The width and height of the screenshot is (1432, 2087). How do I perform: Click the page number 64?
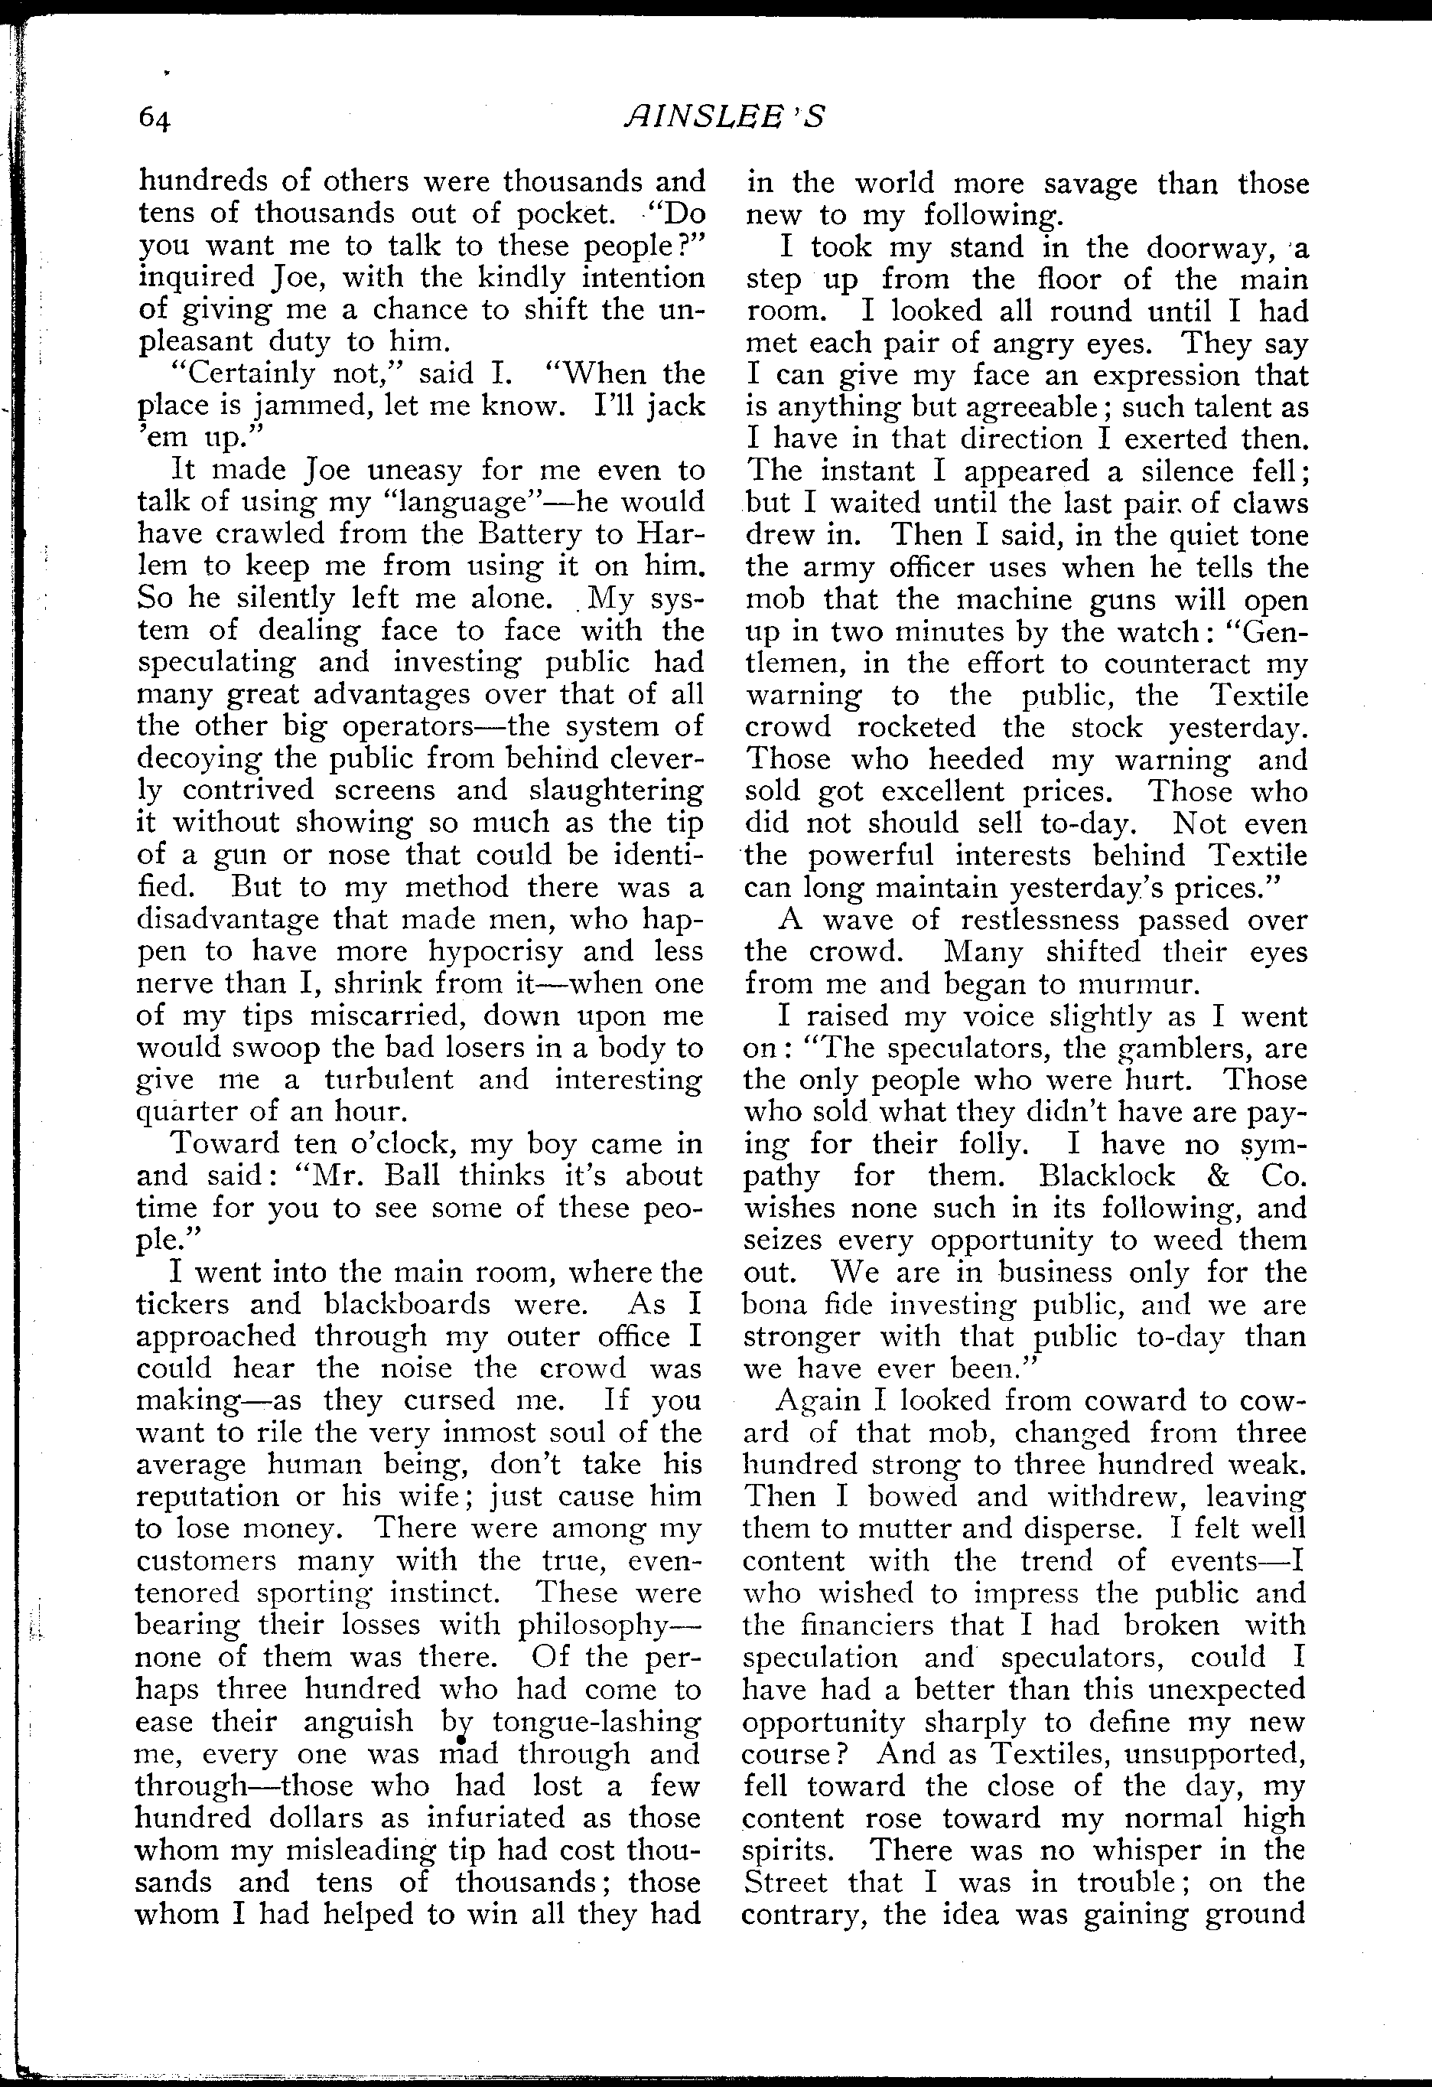(155, 118)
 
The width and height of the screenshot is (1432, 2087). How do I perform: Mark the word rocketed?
(917, 726)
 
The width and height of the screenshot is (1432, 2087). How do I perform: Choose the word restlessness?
(1040, 920)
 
